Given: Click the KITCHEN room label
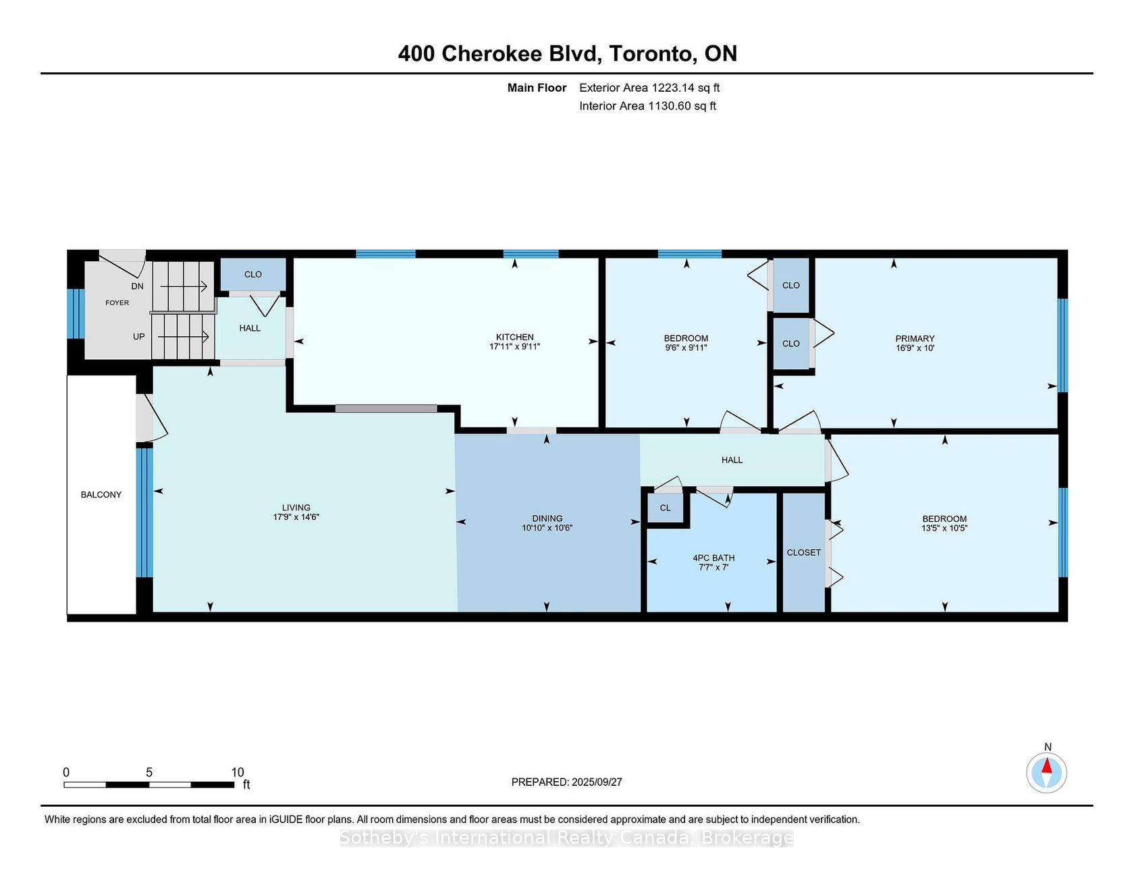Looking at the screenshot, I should tap(514, 337).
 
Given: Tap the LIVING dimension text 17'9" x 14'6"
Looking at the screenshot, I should tap(296, 517).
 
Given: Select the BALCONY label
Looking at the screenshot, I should tap(101, 495).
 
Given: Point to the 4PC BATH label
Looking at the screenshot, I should tap(713, 558).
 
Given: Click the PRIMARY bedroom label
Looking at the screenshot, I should tap(915, 339).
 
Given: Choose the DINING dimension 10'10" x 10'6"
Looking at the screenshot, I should tap(547, 528).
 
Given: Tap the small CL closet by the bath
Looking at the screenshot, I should tap(666, 508).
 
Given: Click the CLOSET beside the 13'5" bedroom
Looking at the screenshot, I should tap(803, 552).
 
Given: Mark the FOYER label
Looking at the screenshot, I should tap(117, 302).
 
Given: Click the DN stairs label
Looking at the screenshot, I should tap(138, 286).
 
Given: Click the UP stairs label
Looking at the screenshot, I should tap(138, 336).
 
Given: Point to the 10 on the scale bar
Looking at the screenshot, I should tap(238, 772).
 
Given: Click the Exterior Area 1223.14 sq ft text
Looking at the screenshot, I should tap(649, 88).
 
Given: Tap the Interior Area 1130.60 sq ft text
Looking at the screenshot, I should tap(647, 106).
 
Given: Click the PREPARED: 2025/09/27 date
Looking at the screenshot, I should tap(566, 782).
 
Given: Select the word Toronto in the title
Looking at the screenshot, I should tap(653, 53).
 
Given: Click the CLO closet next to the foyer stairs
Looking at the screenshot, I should tap(253, 274).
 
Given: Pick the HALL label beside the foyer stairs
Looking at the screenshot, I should tap(250, 328).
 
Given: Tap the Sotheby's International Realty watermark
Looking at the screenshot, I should tap(566, 838).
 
